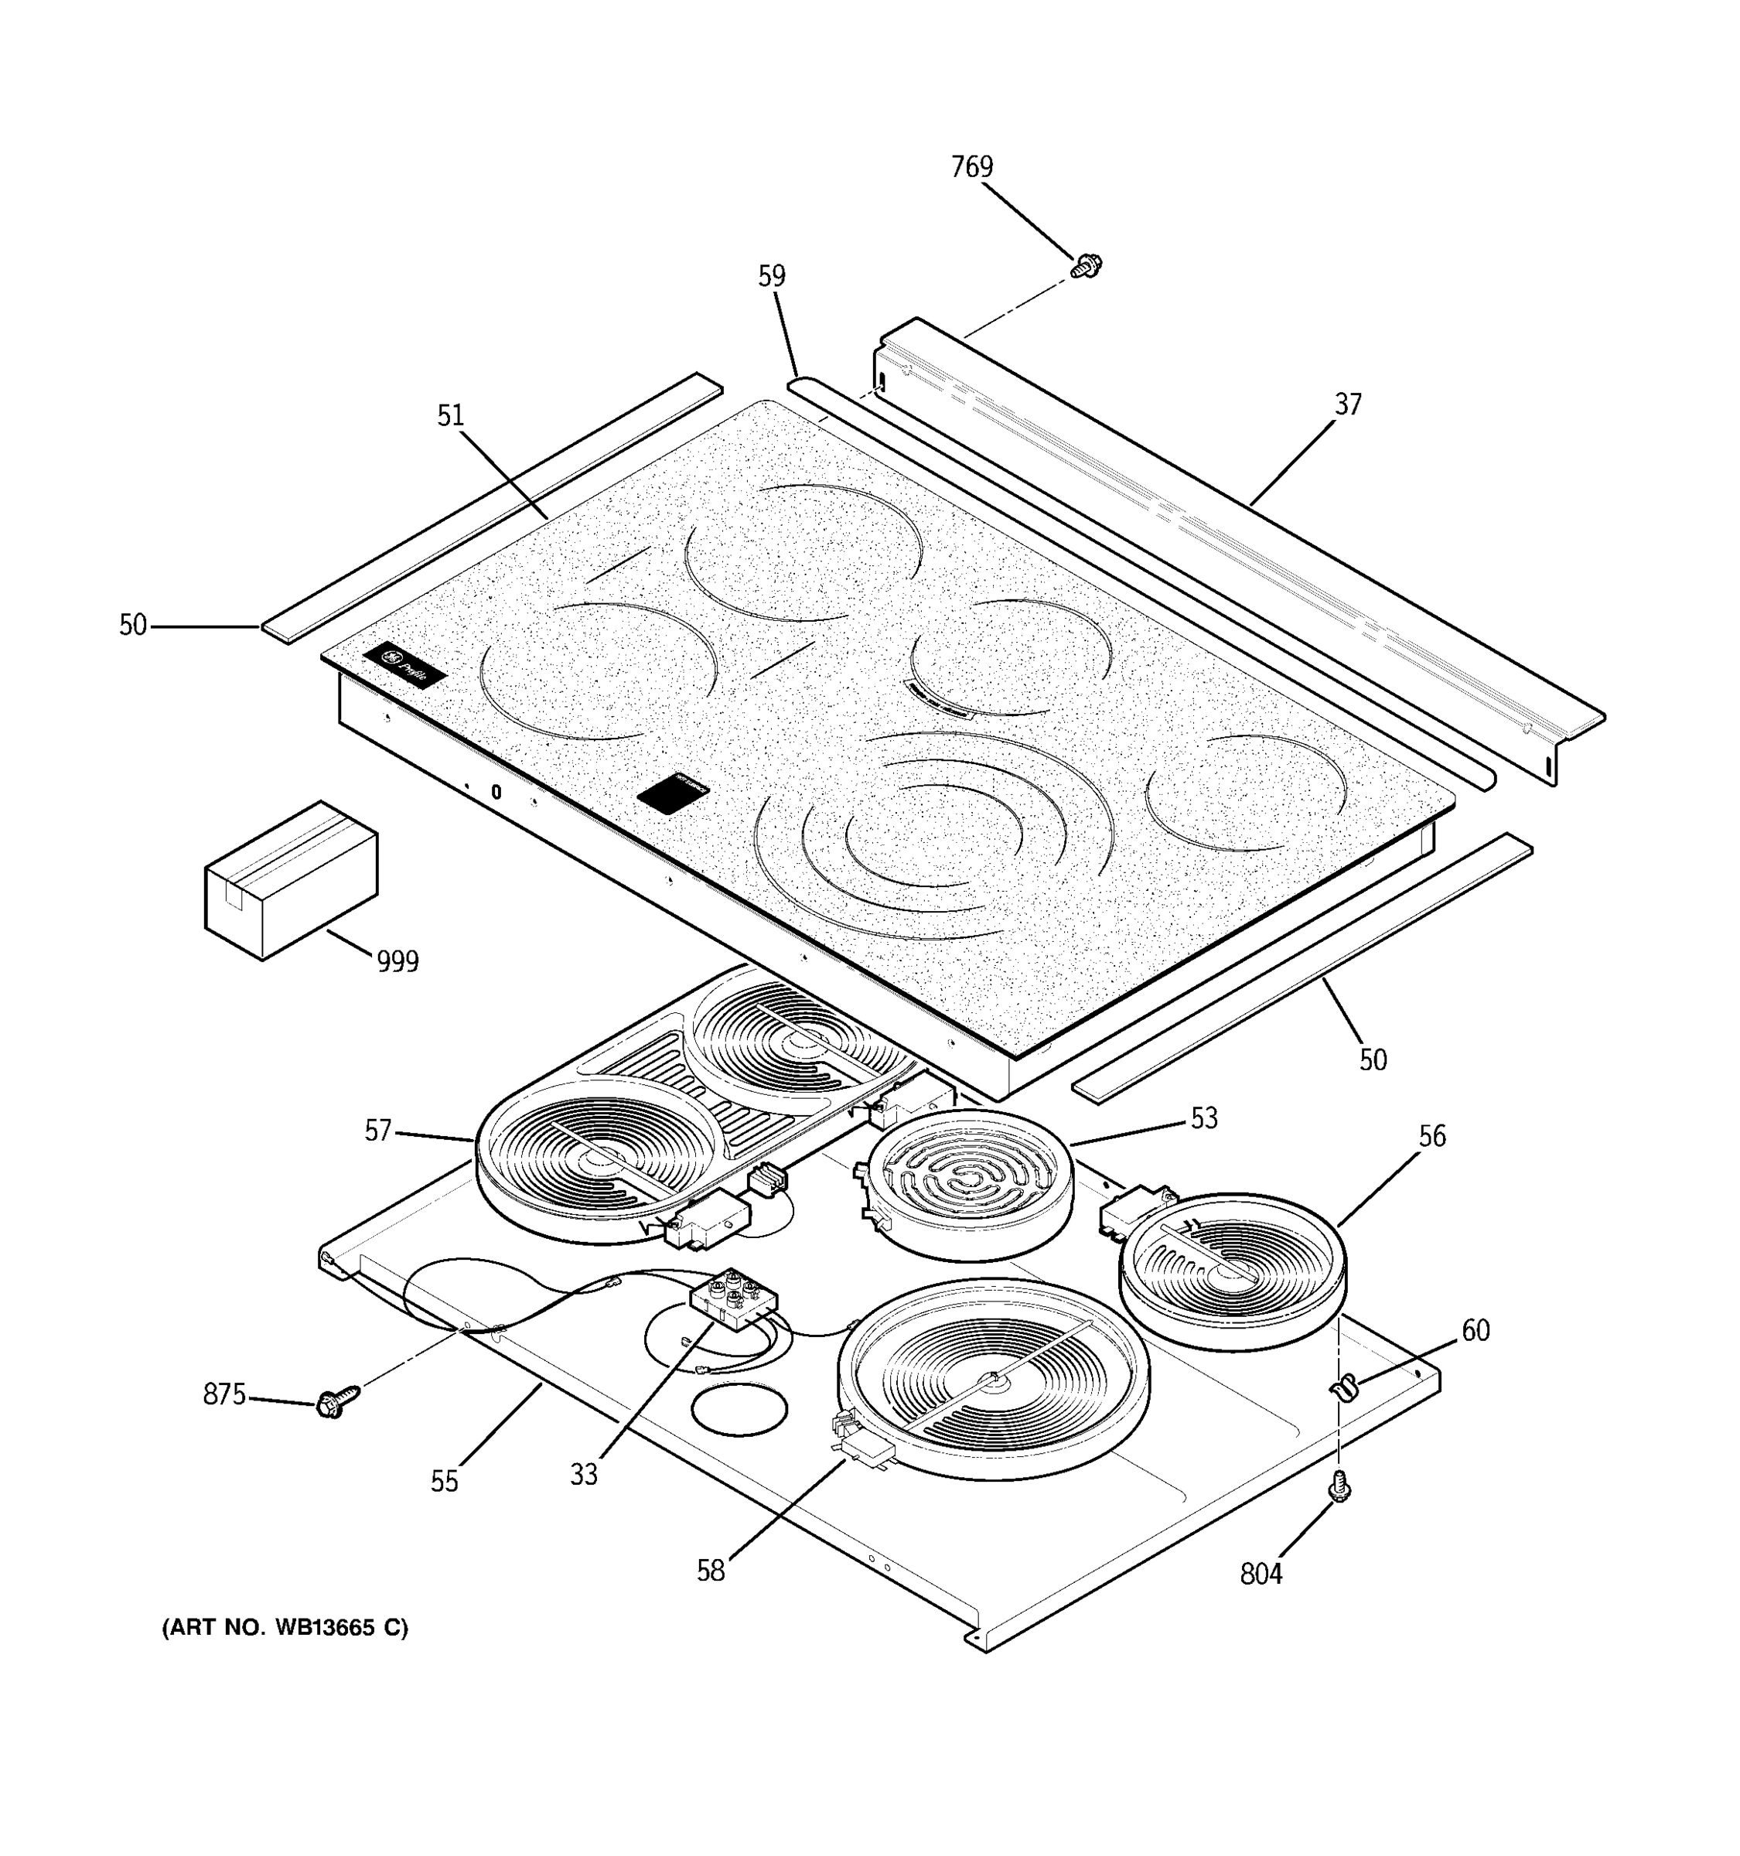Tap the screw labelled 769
[x=1086, y=265]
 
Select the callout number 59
[x=771, y=276]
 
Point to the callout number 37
[x=1347, y=404]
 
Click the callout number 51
[x=450, y=415]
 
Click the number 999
[x=397, y=960]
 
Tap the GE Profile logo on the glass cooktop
[x=404, y=665]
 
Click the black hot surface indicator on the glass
[x=673, y=793]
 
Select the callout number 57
[x=377, y=1131]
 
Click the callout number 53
[x=1203, y=1118]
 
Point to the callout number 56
[x=1431, y=1136]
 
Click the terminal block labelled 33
[x=734, y=1298]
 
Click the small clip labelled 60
[x=1343, y=1388]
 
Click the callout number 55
[x=445, y=1482]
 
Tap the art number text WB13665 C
[x=285, y=1628]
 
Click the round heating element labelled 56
[x=1232, y=1271]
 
